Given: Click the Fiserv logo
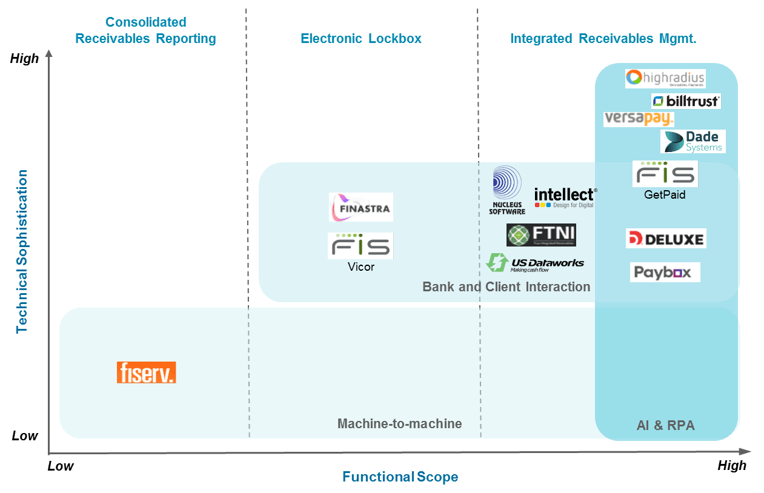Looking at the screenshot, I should [146, 372].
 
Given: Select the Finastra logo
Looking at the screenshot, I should [361, 207].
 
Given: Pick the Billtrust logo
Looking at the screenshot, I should [686, 101].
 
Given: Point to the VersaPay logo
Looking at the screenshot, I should [639, 119].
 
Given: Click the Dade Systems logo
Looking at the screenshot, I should [693, 141].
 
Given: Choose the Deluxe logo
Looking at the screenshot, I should [666, 239].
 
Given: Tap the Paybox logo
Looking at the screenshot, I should [665, 273].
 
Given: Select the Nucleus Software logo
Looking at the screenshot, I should [507, 190].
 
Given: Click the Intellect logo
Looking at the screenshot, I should [565, 197].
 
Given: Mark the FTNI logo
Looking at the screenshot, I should [541, 235].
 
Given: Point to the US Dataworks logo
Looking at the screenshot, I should [535, 263].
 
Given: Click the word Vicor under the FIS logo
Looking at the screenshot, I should [361, 266].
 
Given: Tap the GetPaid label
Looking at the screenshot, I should [665, 195].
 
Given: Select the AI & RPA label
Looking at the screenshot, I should [665, 426].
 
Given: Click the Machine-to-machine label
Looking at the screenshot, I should [399, 424].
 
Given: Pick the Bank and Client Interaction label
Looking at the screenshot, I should [506, 286].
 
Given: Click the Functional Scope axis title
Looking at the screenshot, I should [400, 477].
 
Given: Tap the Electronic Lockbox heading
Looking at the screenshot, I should [361, 39].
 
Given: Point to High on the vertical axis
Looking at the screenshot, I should [24, 59].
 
